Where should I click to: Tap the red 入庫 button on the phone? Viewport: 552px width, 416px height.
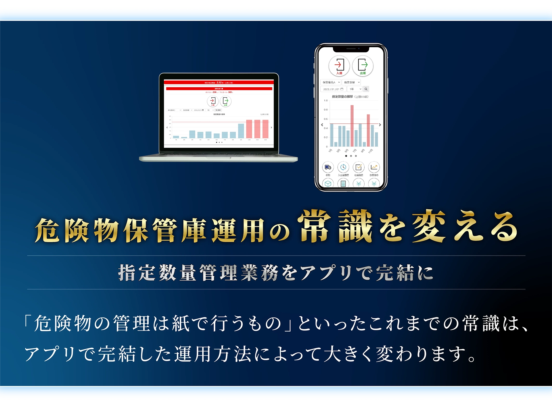pos(339,66)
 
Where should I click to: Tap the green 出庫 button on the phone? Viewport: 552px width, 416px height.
pos(363,66)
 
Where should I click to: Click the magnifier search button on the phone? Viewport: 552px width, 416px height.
pos(366,89)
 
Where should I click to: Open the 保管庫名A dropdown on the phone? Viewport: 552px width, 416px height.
pos(331,82)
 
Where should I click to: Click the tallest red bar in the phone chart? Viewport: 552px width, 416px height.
pos(352,126)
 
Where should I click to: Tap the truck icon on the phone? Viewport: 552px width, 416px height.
pos(328,167)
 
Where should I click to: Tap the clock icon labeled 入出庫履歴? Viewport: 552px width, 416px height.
pos(343,167)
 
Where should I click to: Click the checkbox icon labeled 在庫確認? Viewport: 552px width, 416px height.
pos(358,167)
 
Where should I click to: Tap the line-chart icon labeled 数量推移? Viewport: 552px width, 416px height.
pos(374,167)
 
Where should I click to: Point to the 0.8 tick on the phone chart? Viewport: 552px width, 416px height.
pos(325,110)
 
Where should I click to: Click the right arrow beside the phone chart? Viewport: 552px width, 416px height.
pos(380,125)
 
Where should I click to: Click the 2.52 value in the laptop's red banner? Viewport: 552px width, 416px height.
pos(219,82)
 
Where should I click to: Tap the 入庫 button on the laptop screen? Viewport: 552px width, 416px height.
pos(212,101)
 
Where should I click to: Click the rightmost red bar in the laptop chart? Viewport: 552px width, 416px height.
pos(265,129)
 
